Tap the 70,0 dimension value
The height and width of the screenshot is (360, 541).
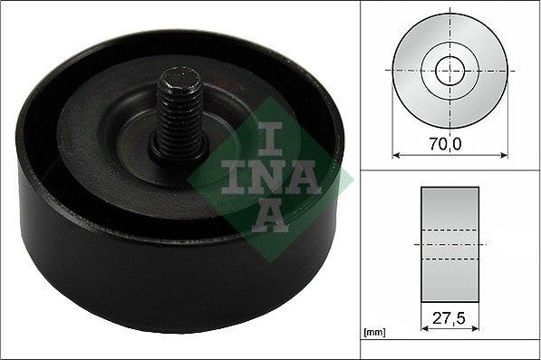tap(447, 141)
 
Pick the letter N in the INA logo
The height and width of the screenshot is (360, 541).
tap(266, 180)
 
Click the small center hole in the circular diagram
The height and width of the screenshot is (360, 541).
tap(447, 70)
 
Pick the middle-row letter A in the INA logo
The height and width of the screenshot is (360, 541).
tap(304, 180)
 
